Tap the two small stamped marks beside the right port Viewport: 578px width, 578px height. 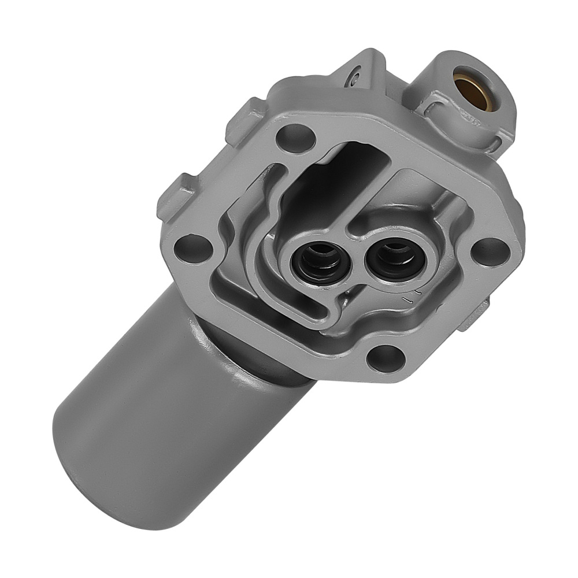pos(409,299)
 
